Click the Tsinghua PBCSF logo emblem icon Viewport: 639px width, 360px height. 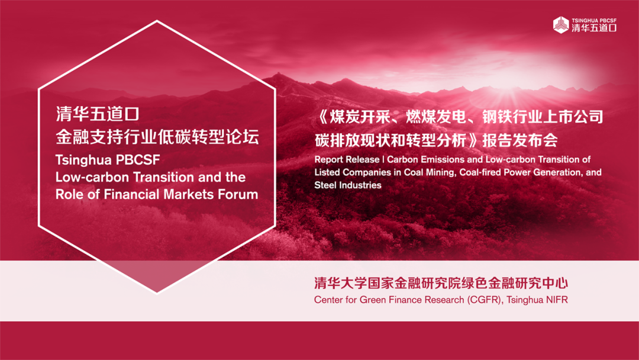point(561,25)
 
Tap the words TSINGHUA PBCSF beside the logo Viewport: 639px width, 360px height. point(594,20)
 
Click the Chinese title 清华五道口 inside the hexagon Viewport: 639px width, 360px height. point(98,114)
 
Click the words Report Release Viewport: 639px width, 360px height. point(347,159)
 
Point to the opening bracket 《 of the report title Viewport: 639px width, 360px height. point(321,117)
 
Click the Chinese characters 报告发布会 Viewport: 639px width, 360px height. point(520,141)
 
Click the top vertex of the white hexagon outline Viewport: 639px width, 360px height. point(157,21)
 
